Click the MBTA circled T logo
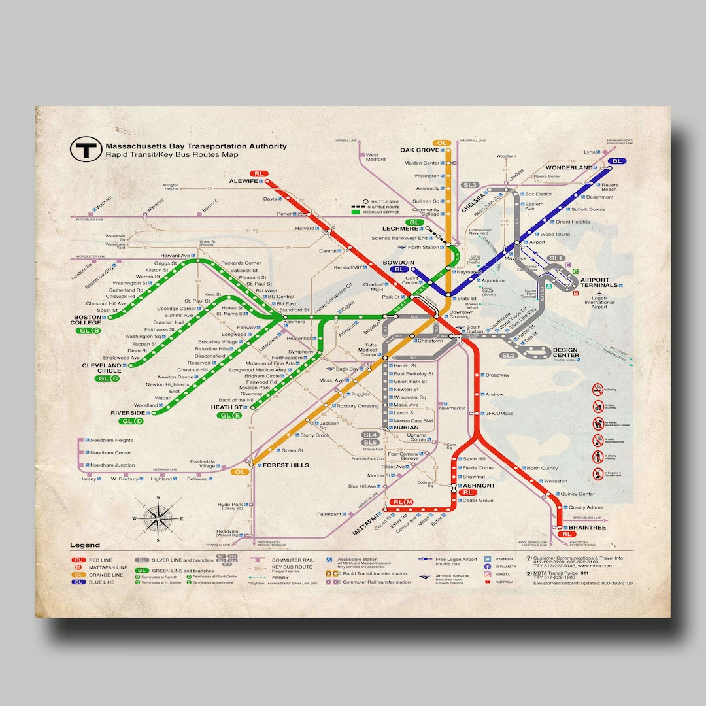tap(85, 150)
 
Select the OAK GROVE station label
tap(419, 150)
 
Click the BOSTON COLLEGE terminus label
tap(87, 320)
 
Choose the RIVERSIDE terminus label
tap(127, 413)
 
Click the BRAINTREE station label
tap(586, 527)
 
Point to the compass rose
tap(159, 518)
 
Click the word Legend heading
tap(85, 545)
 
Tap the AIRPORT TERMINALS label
tap(598, 282)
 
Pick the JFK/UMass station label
tap(499, 414)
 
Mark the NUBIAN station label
tap(405, 428)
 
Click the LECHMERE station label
tap(399, 229)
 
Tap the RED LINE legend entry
tap(99, 560)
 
